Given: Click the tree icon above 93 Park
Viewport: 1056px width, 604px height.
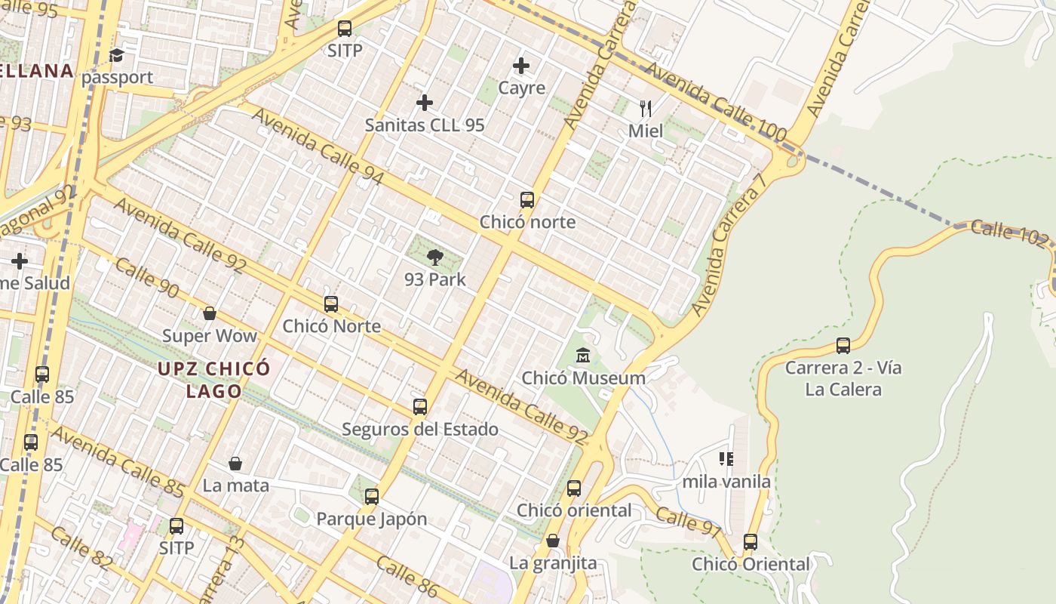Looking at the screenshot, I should click(434, 257).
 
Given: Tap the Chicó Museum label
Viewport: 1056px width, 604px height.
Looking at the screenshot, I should click(583, 377).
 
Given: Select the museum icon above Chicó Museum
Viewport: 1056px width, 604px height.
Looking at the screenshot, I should click(583, 355).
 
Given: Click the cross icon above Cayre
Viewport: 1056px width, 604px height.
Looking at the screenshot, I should click(521, 66).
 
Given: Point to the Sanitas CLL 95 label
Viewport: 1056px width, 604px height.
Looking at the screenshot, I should click(425, 125).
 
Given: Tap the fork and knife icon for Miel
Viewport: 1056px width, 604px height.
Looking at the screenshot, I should click(646, 109).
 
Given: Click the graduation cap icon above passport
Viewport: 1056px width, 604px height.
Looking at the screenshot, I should click(116, 55).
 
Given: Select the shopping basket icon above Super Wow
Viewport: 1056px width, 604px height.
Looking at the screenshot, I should click(210, 313).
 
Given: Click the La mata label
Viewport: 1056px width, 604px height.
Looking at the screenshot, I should click(235, 485).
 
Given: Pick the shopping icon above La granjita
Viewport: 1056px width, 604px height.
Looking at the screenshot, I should click(553, 541).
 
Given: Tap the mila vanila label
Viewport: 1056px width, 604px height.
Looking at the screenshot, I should click(726, 481).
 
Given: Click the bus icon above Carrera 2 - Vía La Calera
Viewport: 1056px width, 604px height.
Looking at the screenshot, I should click(843, 346).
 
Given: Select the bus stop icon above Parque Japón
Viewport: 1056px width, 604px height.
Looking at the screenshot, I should click(371, 497).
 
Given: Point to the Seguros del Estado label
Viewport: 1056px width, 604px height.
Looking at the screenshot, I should click(420, 429).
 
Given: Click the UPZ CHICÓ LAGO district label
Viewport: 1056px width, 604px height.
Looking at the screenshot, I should click(214, 380).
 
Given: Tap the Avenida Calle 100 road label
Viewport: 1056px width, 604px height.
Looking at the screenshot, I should click(717, 102).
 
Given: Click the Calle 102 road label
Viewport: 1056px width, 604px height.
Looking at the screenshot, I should click(1009, 234).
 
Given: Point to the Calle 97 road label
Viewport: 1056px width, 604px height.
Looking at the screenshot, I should click(688, 522).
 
